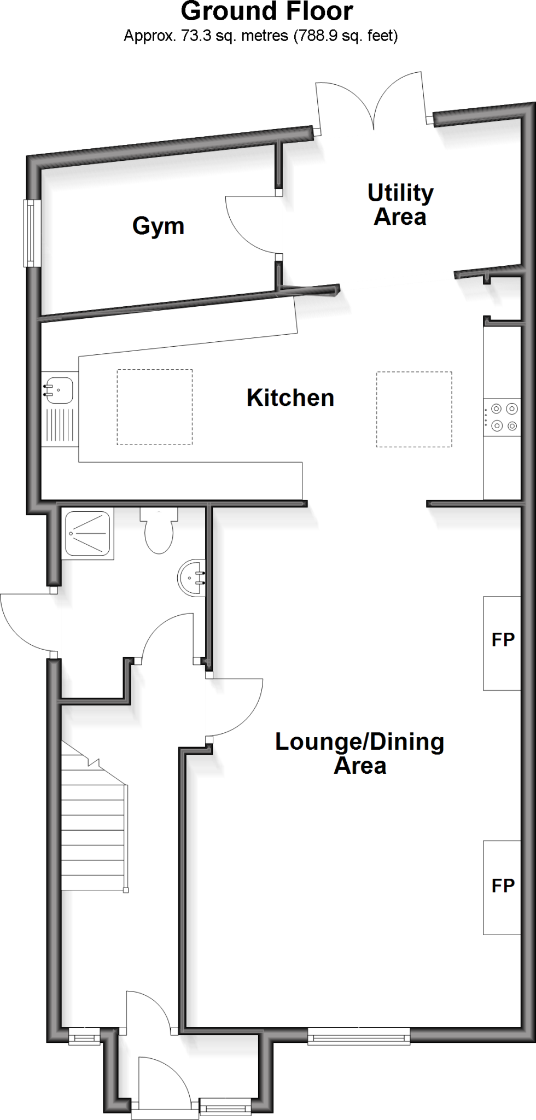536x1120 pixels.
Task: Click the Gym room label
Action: click(158, 226)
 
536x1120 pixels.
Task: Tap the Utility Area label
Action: click(400, 205)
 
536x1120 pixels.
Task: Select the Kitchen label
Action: click(290, 398)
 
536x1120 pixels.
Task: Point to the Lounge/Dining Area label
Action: click(359, 754)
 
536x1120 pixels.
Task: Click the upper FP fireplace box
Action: click(502, 643)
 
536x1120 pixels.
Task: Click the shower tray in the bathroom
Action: click(88, 533)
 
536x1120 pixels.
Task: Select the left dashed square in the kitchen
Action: click(154, 407)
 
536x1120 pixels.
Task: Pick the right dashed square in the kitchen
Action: click(413, 409)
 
